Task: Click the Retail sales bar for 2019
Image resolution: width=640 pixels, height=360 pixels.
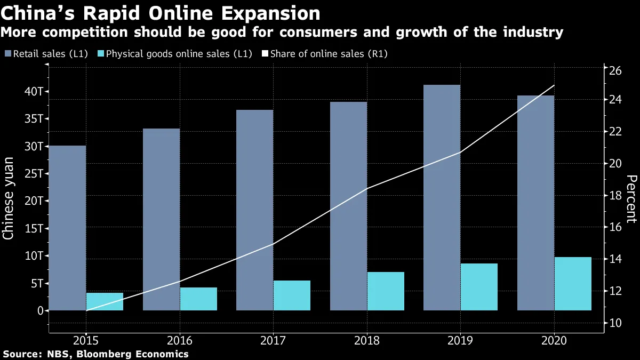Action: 442,197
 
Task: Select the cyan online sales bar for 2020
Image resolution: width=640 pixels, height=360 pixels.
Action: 573,284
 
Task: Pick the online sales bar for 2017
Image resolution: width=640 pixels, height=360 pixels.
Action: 292,295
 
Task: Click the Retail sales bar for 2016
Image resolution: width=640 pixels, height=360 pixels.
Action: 161,219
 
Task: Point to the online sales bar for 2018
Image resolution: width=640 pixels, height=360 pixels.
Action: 386,291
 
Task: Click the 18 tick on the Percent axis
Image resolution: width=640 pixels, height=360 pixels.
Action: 616,196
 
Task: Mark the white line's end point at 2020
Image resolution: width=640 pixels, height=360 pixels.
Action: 555,85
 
